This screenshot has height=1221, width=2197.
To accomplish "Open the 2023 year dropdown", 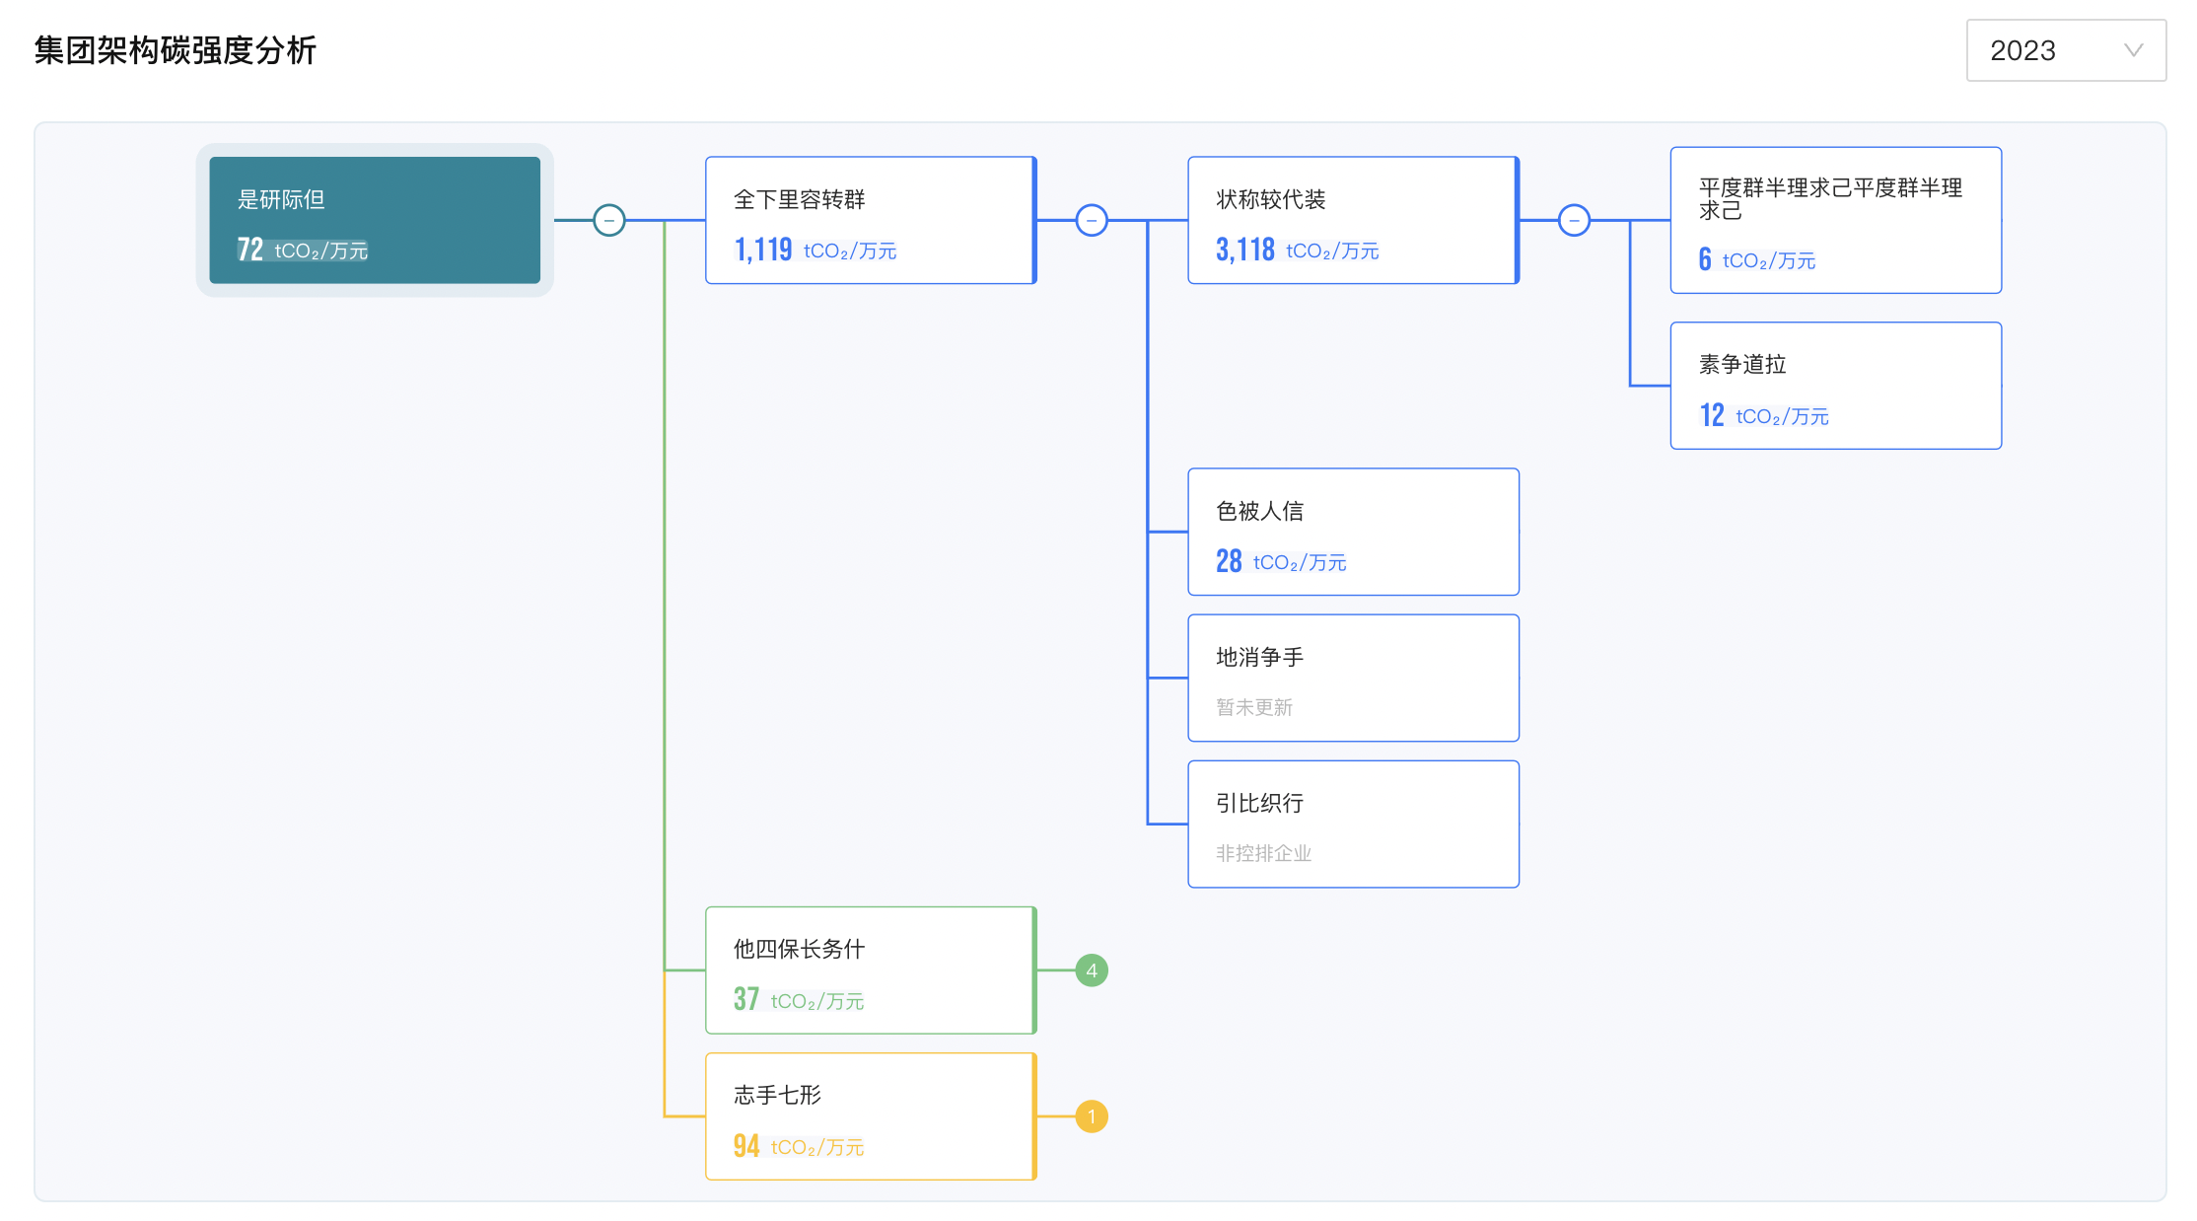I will [2065, 50].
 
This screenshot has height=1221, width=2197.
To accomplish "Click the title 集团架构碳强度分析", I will [176, 50].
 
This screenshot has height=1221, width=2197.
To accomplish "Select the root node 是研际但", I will [281, 199].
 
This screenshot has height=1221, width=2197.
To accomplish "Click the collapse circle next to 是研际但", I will [609, 220].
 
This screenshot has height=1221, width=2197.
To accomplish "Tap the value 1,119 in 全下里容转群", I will [762, 250].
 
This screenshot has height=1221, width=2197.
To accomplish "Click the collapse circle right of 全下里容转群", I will [1092, 220].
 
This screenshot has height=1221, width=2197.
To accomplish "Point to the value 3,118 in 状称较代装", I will [1244, 250].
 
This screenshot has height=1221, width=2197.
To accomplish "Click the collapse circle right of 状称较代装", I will [1574, 220].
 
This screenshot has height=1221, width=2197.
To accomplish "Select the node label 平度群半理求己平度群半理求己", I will [1829, 198].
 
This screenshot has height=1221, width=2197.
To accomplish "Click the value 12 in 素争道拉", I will [1712, 415].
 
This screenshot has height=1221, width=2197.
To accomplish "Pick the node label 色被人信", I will [1259, 511].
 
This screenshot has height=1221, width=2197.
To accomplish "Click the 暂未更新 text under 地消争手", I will [1253, 707].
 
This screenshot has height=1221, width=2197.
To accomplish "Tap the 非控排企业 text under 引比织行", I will [1263, 853].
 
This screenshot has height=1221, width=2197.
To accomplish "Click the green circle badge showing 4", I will [1092, 970].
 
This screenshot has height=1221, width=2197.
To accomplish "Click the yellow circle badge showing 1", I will [1092, 1116].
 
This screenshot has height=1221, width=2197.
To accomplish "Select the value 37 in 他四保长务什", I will [745, 1000].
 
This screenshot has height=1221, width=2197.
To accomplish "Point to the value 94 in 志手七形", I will [745, 1146].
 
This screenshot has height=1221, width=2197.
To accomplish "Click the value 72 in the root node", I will [249, 250].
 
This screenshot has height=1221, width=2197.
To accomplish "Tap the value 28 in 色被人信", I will [1228, 561].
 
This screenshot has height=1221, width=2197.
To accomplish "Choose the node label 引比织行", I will [1259, 803].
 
